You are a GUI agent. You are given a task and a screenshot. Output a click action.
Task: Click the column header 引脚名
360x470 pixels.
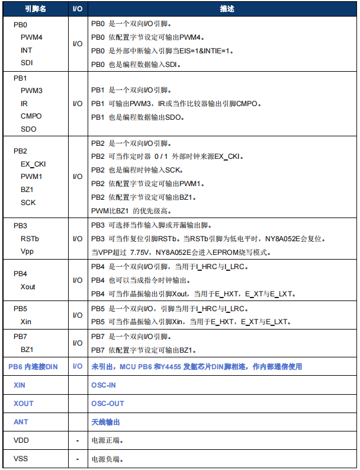tap(36, 9)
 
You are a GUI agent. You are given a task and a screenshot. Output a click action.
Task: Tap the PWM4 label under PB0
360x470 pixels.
tap(32, 37)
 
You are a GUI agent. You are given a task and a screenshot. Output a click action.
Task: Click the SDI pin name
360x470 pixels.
tap(27, 62)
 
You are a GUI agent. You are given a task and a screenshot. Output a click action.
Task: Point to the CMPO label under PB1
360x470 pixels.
tap(31, 116)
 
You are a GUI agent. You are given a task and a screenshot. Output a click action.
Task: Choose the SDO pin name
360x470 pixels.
tap(28, 129)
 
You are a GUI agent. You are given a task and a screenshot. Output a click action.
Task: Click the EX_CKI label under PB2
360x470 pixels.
tap(33, 164)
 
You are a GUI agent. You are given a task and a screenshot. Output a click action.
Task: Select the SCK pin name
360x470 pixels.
tap(28, 202)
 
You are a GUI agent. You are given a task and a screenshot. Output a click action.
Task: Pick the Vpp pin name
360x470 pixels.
tap(28, 251)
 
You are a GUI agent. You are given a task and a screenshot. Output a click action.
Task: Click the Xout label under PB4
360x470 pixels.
tap(28, 287)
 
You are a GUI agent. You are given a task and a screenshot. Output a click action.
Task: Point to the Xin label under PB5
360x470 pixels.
tap(27, 322)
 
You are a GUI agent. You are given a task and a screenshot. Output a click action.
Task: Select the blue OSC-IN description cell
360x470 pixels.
tap(104, 385)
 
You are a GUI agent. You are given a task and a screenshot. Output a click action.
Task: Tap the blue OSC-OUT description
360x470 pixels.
tap(108, 404)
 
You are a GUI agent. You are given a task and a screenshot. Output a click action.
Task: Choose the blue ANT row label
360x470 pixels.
tap(21, 422)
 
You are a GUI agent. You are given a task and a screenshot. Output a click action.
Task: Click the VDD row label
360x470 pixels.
tap(21, 440)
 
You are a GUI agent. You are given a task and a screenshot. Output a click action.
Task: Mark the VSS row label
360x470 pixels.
tap(21, 459)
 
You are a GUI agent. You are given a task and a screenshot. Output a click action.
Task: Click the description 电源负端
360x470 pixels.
tap(107, 459)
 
